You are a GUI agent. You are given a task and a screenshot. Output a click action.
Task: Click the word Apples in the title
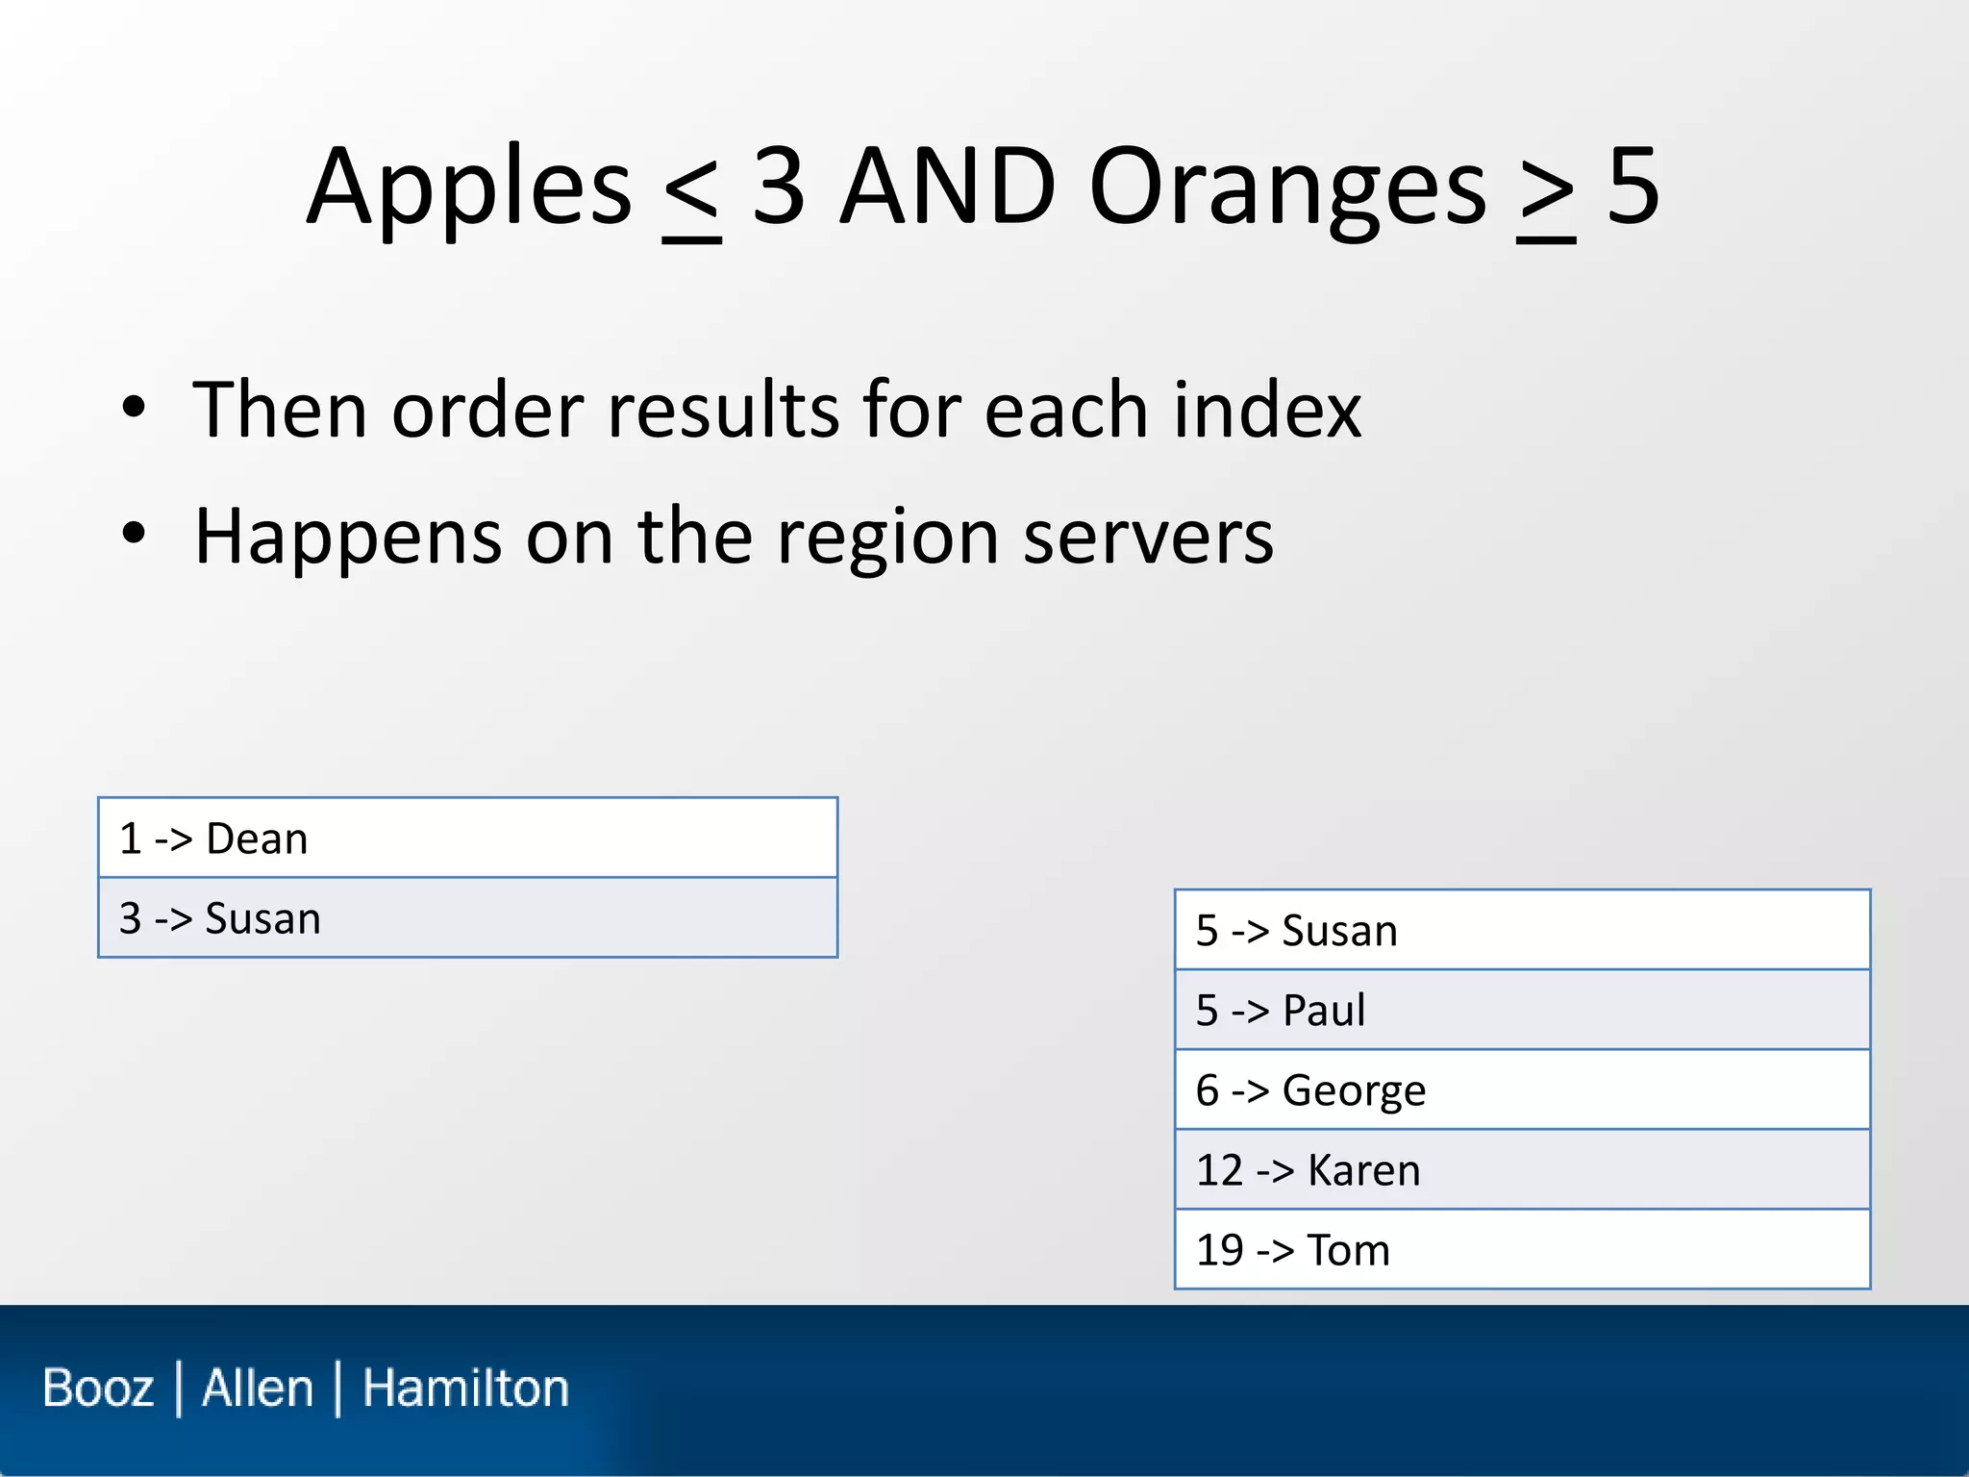tap(469, 188)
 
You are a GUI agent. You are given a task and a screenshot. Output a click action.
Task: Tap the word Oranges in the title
tap(1287, 188)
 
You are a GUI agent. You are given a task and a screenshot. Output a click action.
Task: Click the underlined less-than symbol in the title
tap(691, 192)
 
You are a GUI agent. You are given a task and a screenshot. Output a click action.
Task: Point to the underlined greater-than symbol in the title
tap(1546, 192)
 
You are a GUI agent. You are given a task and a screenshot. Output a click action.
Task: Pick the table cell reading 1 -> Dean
tap(467, 839)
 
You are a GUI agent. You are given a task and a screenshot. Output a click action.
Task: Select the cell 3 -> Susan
tap(467, 918)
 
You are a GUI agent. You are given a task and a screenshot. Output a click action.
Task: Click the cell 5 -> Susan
tap(1522, 931)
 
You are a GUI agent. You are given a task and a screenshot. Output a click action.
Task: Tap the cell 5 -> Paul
tap(1522, 1011)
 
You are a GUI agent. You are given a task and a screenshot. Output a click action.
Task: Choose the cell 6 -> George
tap(1522, 1090)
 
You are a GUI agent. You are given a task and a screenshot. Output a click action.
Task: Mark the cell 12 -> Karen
tap(1522, 1170)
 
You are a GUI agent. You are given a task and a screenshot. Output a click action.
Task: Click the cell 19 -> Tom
tap(1522, 1250)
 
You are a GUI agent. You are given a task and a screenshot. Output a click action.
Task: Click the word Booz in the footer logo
tap(98, 1389)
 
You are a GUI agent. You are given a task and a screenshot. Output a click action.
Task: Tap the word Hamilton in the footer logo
tap(465, 1389)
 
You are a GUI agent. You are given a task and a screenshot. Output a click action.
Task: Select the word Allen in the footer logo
tap(258, 1389)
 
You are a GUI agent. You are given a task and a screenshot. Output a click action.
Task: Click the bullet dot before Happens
tap(134, 534)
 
